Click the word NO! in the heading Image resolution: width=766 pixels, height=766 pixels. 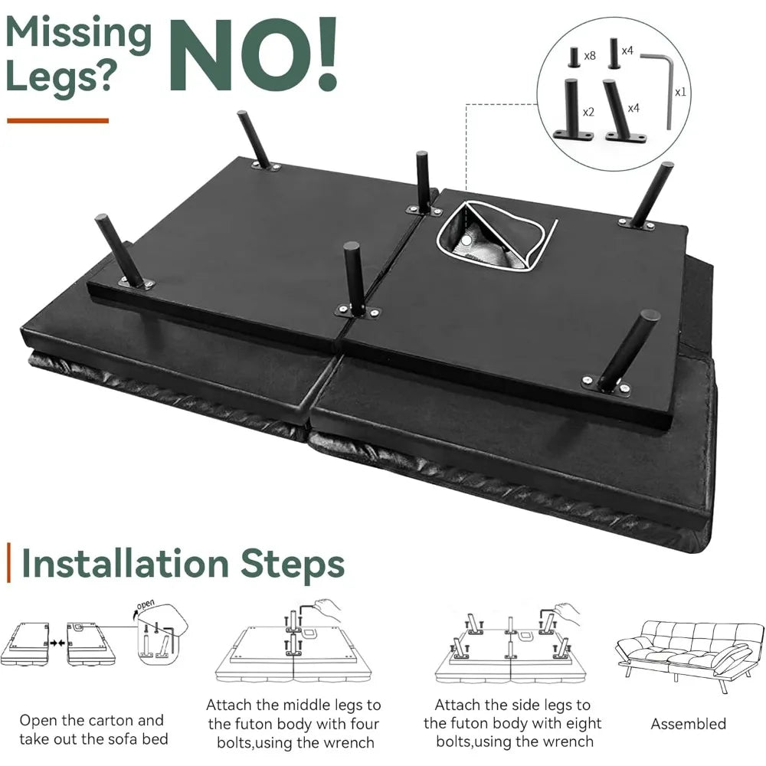pos(254,54)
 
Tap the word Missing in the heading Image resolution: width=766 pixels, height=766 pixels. pos(79,34)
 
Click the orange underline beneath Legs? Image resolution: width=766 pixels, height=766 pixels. pos(57,121)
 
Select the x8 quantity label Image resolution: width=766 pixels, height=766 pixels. pos(590,56)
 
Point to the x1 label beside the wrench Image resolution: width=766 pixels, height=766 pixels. pos(680,92)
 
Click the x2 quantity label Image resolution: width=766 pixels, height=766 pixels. pos(588,113)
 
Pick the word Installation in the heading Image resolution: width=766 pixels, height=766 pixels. pos(125,564)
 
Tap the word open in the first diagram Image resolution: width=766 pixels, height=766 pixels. pos(145,605)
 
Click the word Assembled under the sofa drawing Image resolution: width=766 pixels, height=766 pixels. pos(688,724)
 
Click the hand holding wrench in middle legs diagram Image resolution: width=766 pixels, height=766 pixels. pos(326,609)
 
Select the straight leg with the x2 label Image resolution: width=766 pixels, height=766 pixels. pos(572,109)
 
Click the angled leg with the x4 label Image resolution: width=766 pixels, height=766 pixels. pos(624,110)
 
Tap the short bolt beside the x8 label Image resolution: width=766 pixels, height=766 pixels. pos(573,57)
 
